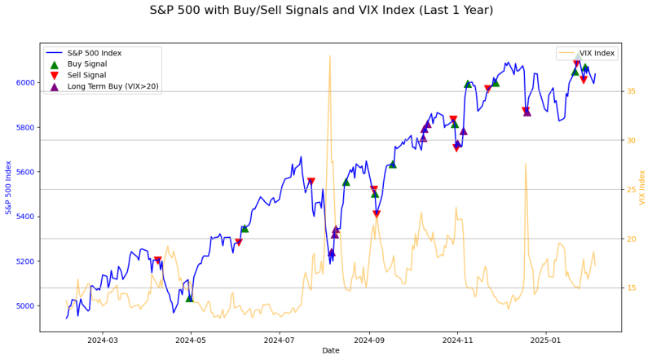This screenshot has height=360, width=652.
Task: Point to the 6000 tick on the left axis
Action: click(25, 83)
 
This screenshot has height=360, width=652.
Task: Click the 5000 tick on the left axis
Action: click(25, 306)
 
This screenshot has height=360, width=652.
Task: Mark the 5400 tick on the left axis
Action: click(25, 217)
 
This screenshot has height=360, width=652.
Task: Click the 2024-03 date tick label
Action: click(103, 340)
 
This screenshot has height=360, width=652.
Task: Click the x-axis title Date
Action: click(330, 351)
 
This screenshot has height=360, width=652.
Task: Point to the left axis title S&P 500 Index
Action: click(8, 187)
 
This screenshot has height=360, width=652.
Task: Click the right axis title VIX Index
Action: click(643, 187)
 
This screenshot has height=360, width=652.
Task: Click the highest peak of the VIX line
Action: click(329, 55)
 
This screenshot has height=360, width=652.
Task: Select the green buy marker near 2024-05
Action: click(189, 298)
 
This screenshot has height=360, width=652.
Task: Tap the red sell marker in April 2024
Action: click(157, 261)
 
